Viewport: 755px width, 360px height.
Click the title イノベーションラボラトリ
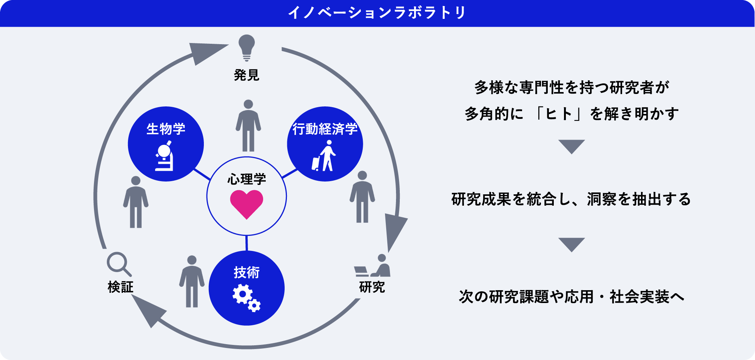377,13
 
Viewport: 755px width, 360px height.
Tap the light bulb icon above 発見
247,47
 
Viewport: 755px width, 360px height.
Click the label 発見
247,75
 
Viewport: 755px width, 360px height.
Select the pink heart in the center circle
247,203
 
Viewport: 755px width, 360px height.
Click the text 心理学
247,179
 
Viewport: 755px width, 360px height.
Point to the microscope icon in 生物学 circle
165,156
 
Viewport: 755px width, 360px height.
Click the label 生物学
166,129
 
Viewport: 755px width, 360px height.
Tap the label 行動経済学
325,129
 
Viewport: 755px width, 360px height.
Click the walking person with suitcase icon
324,156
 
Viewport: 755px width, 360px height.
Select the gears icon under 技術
246,298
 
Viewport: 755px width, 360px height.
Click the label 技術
247,272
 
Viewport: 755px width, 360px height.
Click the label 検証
120,287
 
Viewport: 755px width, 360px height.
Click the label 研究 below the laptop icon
372,287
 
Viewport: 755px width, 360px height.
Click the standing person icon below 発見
248,126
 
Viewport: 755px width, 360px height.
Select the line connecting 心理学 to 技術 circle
247,243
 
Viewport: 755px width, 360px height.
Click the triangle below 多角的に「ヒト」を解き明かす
571,146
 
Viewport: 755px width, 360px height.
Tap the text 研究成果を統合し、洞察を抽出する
571,199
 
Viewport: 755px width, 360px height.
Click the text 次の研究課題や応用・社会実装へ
571,297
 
